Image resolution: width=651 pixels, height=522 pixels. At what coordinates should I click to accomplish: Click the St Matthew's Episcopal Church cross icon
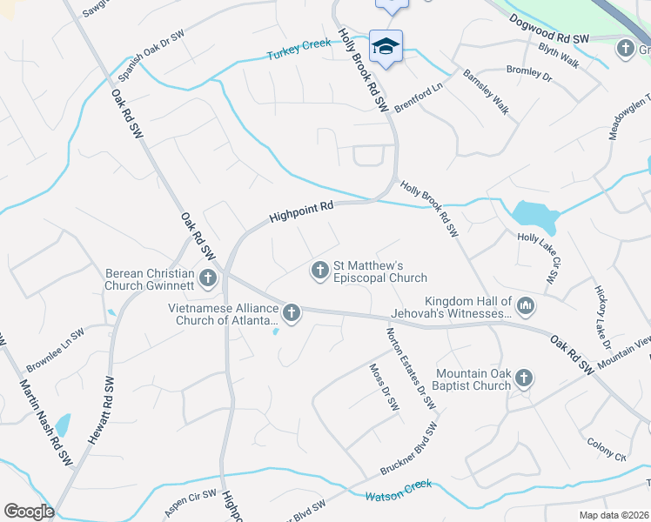pos(319,271)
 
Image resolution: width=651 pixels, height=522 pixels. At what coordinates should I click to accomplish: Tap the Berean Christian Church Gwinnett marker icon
pos(207,278)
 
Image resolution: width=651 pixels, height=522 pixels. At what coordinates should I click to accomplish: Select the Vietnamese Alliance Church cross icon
pos(291,312)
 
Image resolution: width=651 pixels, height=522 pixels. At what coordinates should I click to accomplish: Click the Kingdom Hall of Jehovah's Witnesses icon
pos(526,305)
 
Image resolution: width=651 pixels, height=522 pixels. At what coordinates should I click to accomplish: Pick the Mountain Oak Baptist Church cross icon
pos(523,378)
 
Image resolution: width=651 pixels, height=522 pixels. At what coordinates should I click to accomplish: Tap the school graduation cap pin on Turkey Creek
pos(385,46)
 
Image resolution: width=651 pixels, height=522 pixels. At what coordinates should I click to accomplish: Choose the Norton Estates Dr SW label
pos(410,365)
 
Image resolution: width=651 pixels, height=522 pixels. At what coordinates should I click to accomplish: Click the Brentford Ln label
pos(419,96)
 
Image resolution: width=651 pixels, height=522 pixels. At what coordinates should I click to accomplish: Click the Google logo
pos(29,512)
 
